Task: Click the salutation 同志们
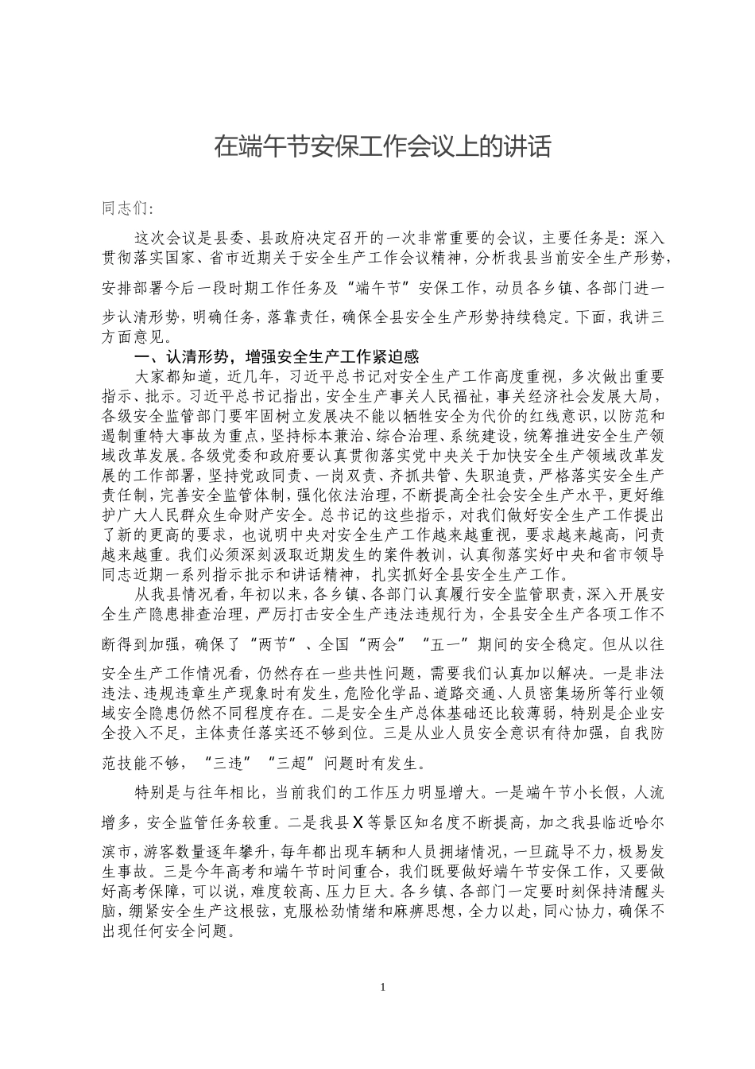(x=126, y=208)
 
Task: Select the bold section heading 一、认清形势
(x=278, y=356)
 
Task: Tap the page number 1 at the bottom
(x=383, y=987)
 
